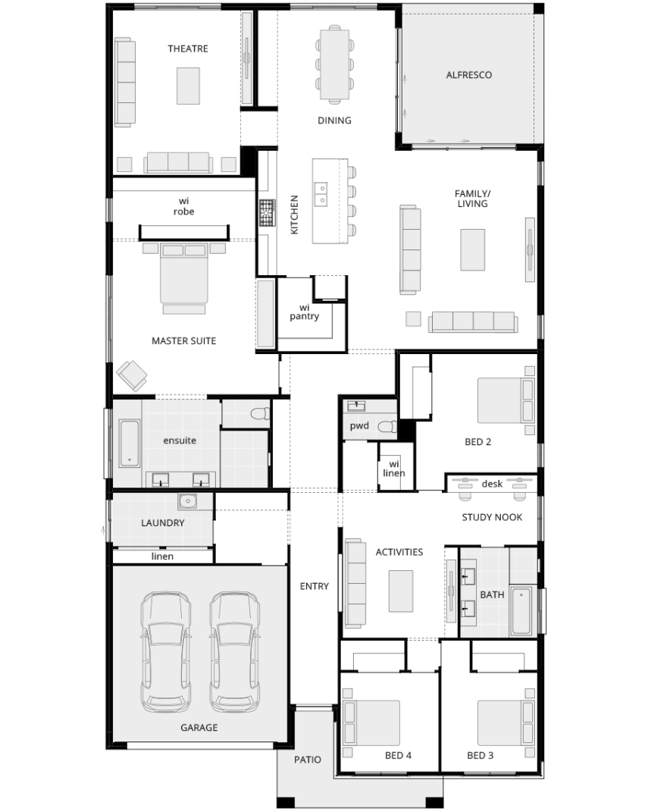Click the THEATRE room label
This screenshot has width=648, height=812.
point(188,49)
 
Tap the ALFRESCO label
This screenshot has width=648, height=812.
point(469,75)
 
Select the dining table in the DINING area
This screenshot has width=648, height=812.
point(334,64)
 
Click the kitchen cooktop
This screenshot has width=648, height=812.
point(267,213)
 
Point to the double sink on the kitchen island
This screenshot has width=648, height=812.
point(321,193)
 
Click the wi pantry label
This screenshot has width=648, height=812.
point(305,312)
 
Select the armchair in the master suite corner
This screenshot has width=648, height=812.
point(131,375)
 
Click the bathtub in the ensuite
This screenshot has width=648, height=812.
point(130,444)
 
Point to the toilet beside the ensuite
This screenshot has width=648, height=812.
point(259,413)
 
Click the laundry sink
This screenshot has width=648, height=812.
point(188,501)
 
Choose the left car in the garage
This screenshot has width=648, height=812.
point(166,651)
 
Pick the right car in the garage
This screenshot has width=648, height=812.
point(234,651)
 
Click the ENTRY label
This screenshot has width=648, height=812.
point(315,586)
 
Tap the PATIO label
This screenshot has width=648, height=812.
point(308,760)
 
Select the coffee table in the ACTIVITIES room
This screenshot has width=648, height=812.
point(401,591)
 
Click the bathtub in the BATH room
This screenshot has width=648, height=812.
point(521,611)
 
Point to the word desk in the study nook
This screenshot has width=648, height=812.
point(492,484)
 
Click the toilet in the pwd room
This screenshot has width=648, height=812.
point(387,427)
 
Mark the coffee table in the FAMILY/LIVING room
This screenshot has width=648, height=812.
point(472,250)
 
